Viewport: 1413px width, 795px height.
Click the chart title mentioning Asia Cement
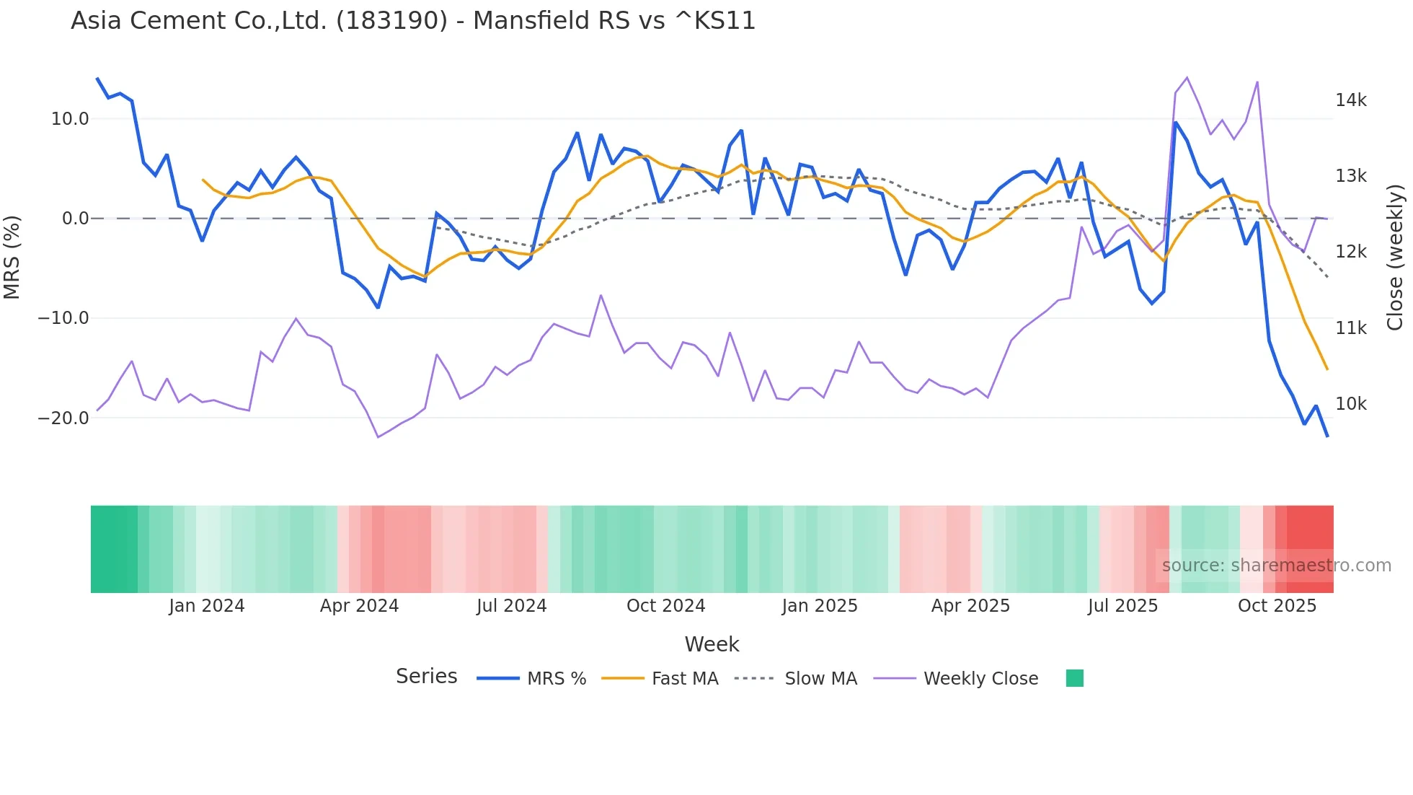413,21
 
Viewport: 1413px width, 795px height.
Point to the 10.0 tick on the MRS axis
70,119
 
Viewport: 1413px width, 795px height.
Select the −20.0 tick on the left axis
63,418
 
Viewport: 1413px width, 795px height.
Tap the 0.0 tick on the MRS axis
75,219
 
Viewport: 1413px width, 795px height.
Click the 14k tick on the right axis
1350,100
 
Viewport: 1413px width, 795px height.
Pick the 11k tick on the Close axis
1350,328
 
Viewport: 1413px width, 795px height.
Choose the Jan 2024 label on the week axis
207,606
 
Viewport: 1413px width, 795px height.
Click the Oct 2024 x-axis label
665,606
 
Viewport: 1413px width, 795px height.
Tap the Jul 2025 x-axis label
1122,606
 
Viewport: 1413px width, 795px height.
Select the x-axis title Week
712,644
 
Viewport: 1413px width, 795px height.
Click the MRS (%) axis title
12,257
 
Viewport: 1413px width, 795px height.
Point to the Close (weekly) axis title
1396,257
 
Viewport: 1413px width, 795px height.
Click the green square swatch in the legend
1074,678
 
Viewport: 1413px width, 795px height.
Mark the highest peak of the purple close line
1187,78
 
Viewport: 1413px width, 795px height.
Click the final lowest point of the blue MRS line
1327,436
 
